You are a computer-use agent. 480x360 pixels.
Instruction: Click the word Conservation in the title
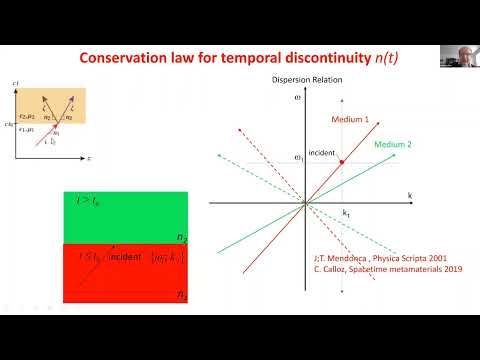click(x=122, y=57)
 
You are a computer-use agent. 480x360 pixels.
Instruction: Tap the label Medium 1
click(x=350, y=118)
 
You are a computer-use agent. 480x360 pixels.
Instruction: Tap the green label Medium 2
click(x=394, y=145)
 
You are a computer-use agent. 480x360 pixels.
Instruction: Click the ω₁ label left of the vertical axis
click(x=297, y=158)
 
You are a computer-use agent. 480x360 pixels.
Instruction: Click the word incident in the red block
click(x=125, y=257)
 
